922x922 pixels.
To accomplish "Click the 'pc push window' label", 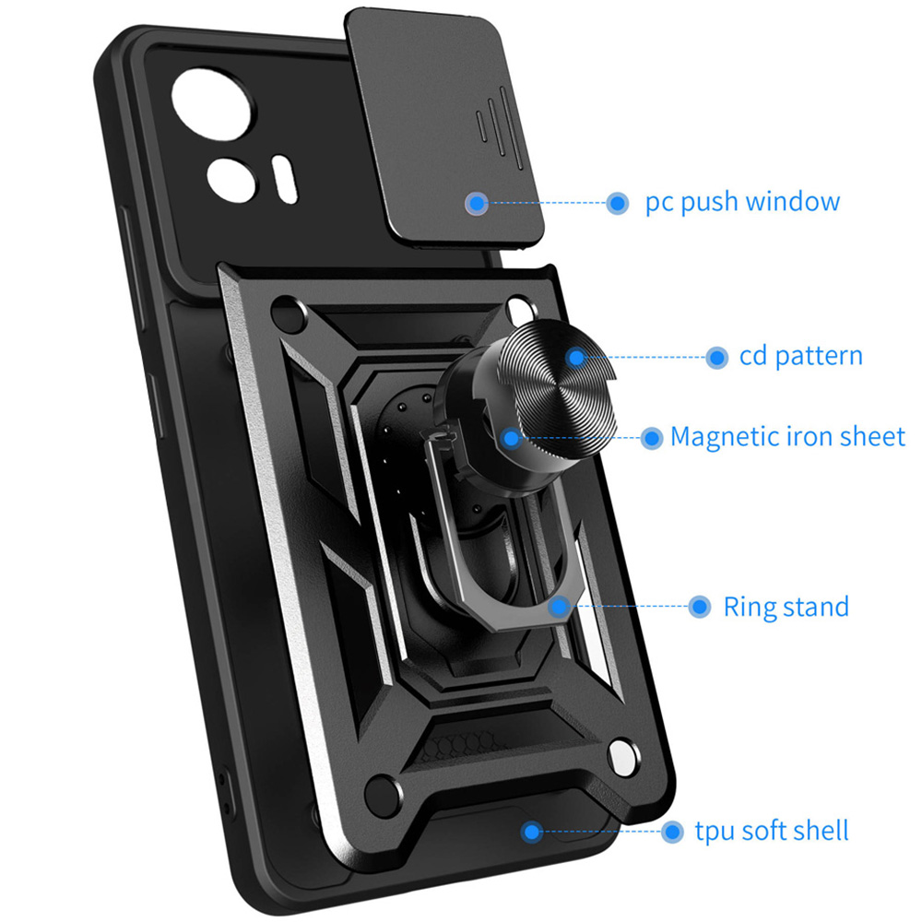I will pos(742,202).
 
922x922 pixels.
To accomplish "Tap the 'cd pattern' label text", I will pos(800,357).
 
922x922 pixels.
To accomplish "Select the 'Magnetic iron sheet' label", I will pos(787,436).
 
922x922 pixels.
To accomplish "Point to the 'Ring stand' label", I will pos(786,607).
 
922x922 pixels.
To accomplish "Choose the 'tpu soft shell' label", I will pos(770,831).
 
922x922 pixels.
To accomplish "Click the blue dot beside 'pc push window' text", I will pos(618,203).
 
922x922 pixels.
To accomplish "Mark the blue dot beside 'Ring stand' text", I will pos(700,607).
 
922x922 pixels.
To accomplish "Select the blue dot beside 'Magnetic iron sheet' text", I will pos(651,437).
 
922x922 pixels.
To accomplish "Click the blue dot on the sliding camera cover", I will pos(476,203).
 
